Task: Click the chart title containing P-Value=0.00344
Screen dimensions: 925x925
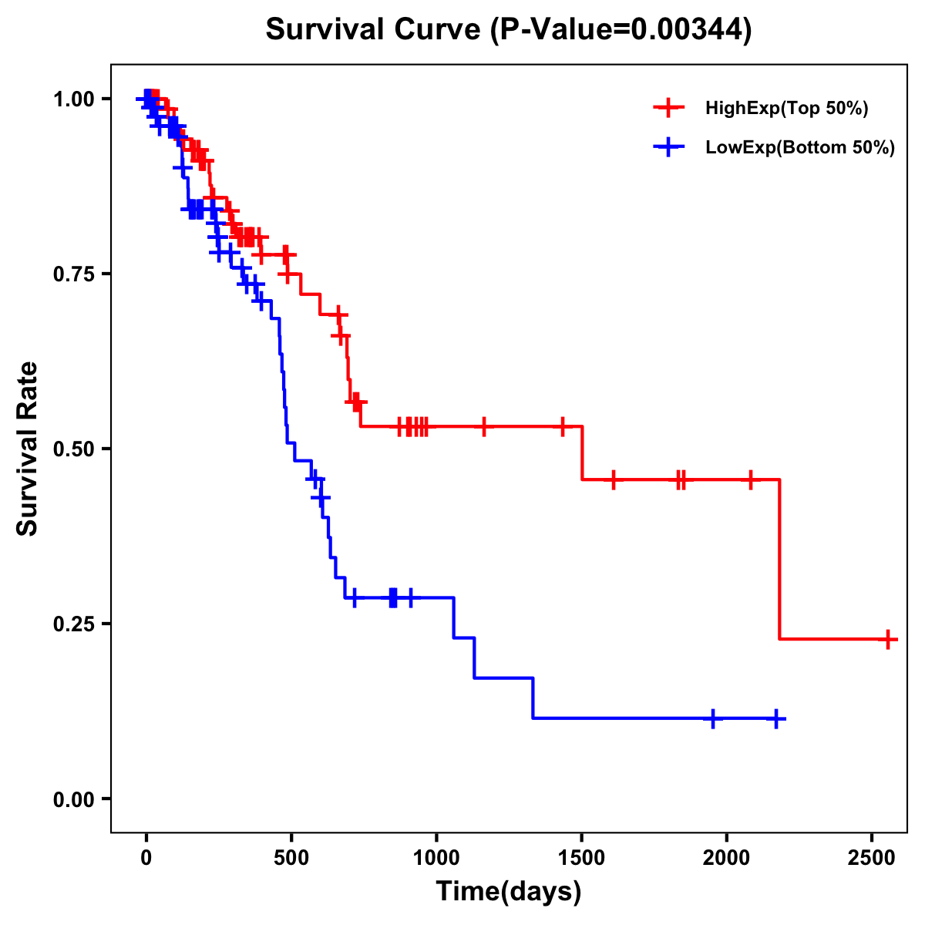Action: pyautogui.click(x=508, y=29)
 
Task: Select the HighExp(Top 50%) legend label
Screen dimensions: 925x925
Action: pyautogui.click(x=787, y=109)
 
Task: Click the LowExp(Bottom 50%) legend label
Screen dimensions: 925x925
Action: pyautogui.click(x=800, y=148)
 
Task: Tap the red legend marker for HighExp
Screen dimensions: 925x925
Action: pyautogui.click(x=668, y=108)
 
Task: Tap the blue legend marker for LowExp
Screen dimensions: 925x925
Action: pyautogui.click(x=668, y=147)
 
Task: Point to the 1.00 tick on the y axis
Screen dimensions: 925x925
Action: pyautogui.click(x=76, y=99)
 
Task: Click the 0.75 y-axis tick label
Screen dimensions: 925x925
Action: pyautogui.click(x=76, y=274)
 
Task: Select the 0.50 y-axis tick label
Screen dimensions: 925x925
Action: pyautogui.click(x=76, y=449)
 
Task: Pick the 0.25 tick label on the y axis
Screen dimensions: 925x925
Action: pyautogui.click(x=76, y=624)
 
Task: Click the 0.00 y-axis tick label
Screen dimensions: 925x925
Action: pyautogui.click(x=76, y=799)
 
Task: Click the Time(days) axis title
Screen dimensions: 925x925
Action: pyautogui.click(x=509, y=892)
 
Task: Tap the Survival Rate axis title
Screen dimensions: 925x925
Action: pyautogui.click(x=28, y=449)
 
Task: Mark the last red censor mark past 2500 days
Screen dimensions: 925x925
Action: pyautogui.click(x=888, y=639)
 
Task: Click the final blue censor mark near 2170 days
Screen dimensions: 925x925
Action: pyautogui.click(x=776, y=718)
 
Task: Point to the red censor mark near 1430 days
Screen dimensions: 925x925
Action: pyautogui.click(x=562, y=425)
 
